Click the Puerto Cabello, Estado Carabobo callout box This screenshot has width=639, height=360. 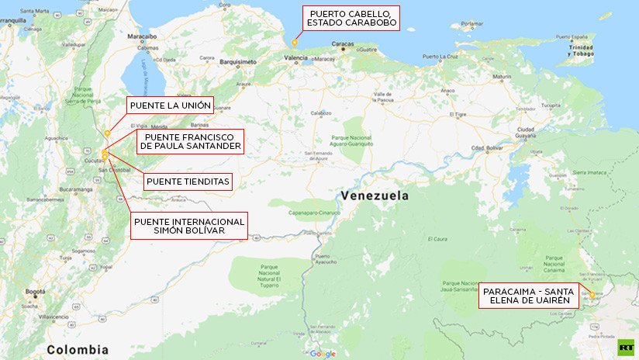tap(351, 19)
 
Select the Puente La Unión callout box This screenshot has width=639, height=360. tap(170, 106)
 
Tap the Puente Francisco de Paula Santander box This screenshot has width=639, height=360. tap(189, 141)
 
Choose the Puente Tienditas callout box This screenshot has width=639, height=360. tap(188, 182)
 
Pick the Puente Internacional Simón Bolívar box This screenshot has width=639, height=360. tap(189, 227)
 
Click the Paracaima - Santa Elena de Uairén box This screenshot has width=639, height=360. tap(528, 296)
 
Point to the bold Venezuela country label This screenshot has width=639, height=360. tap(375, 196)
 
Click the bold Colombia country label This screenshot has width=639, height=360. tap(78, 349)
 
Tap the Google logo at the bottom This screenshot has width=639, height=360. tap(323, 354)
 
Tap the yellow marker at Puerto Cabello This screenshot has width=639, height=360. tap(294, 43)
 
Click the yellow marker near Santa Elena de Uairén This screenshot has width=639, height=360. tap(592, 295)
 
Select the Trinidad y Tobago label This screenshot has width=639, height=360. tap(580, 50)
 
